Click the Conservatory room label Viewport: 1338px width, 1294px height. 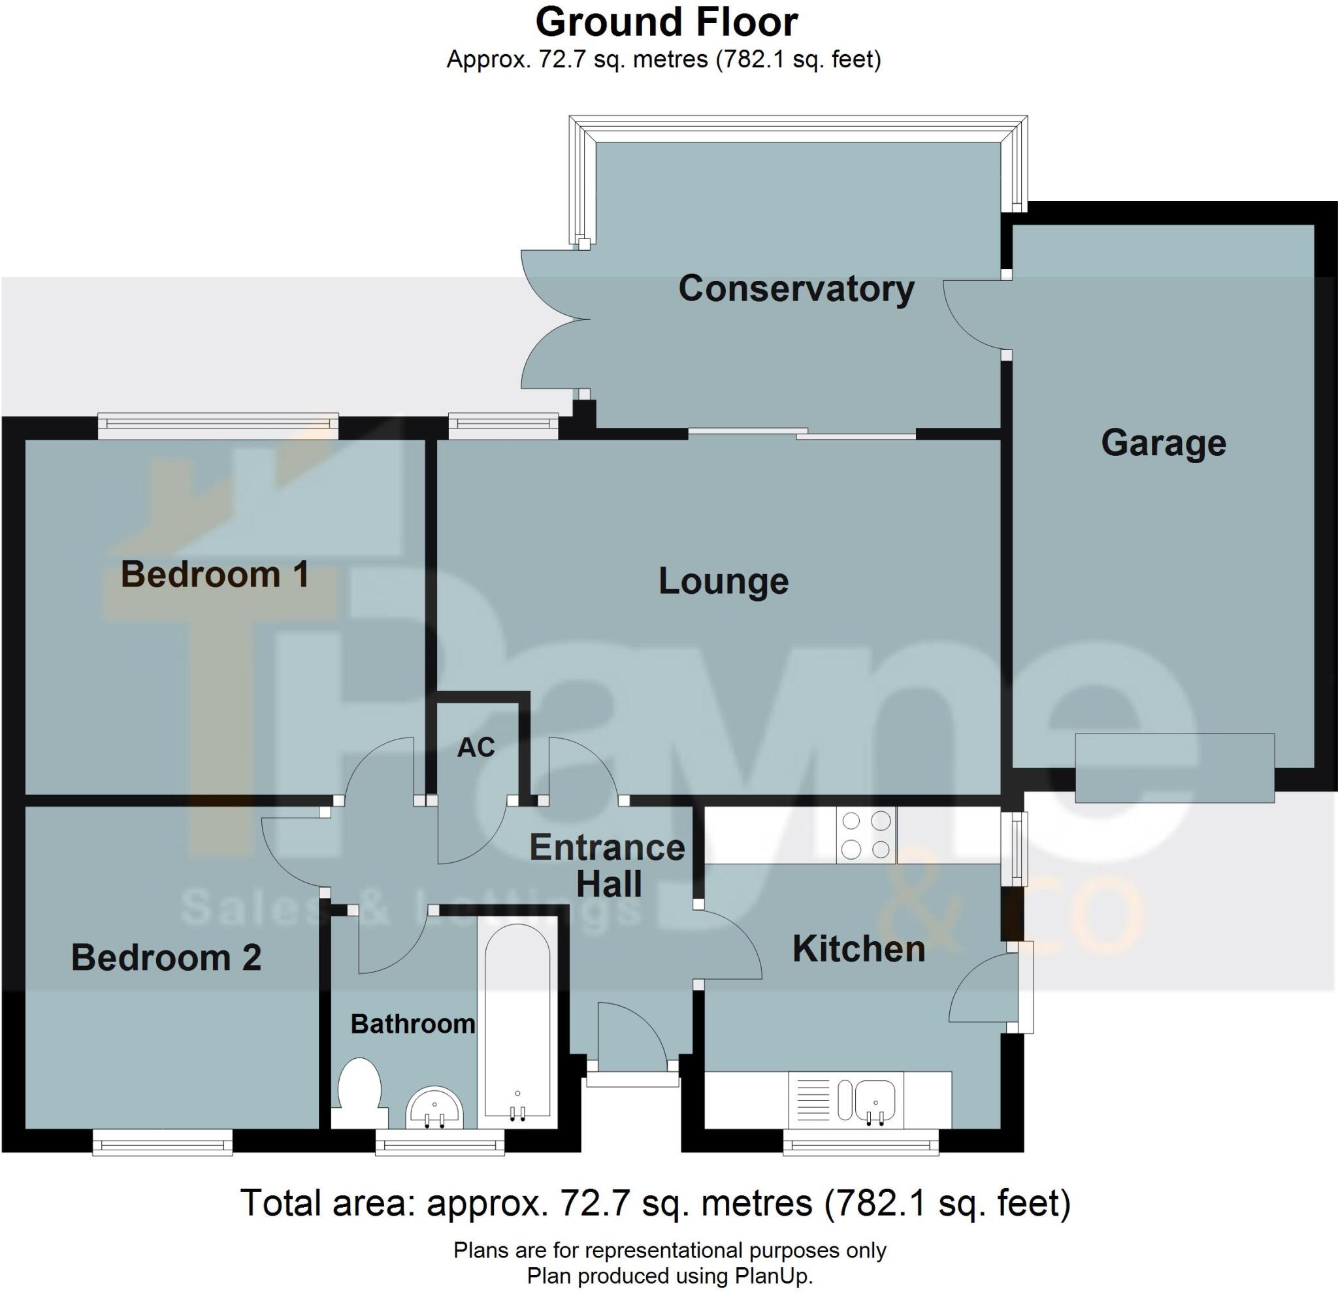[796, 289]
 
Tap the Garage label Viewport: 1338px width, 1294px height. [1164, 443]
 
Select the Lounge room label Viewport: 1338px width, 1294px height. [724, 581]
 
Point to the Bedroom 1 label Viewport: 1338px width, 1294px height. [215, 574]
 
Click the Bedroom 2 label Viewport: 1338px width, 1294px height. [166, 958]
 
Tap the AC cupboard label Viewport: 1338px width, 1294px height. [476, 747]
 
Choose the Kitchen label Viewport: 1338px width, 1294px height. [858, 948]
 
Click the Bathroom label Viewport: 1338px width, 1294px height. [412, 1024]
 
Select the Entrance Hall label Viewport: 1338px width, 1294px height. [608, 865]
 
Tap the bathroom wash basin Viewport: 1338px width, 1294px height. [434, 1108]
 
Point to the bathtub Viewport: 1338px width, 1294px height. [517, 1023]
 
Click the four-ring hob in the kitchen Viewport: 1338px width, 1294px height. [866, 834]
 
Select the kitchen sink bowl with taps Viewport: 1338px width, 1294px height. [875, 1101]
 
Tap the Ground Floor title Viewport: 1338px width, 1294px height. [666, 22]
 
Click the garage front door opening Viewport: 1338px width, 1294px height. [1175, 767]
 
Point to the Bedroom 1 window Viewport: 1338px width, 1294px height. [218, 426]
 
